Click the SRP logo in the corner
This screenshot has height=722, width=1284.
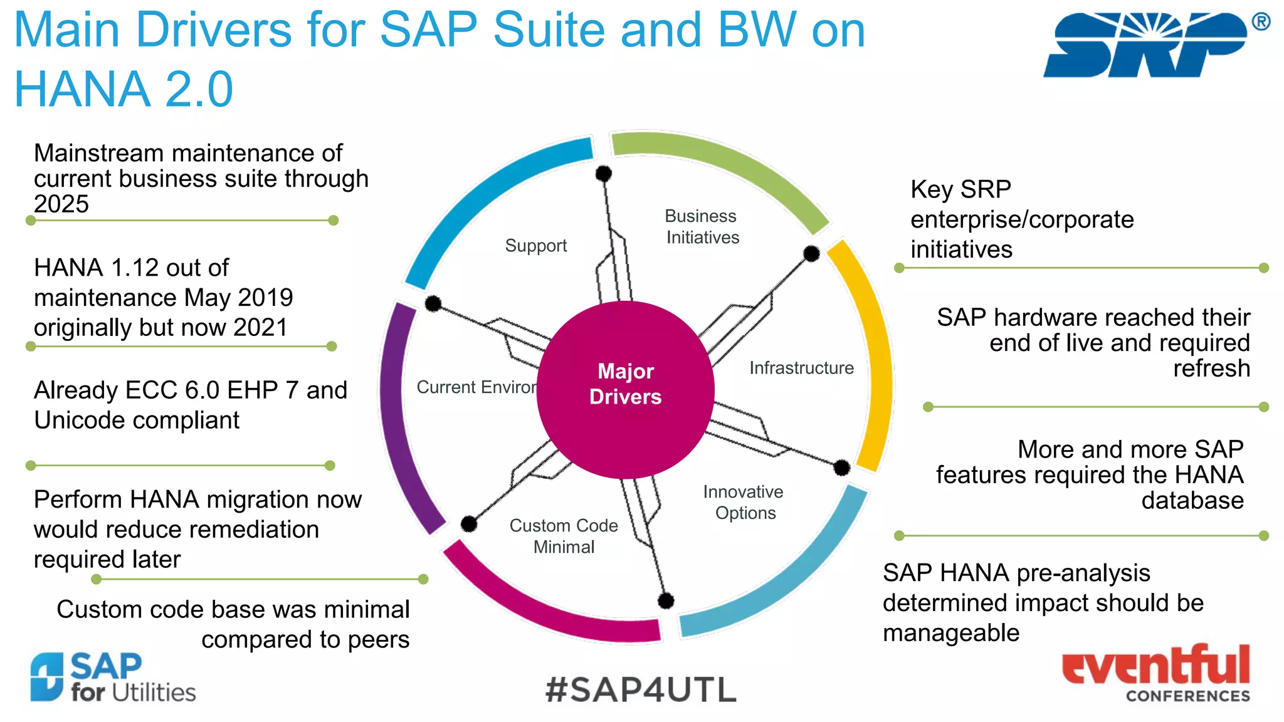(1147, 44)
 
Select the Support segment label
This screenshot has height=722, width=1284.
(535, 246)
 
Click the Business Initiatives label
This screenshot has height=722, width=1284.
(702, 227)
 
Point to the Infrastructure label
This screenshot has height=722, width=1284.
(801, 368)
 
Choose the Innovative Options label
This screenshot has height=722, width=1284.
(744, 502)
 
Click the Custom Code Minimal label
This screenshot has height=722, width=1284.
(564, 536)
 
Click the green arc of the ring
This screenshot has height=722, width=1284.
(721, 163)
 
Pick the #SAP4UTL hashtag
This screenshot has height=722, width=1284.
(641, 690)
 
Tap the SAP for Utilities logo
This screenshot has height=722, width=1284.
(113, 677)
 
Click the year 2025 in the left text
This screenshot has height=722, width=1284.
(61, 204)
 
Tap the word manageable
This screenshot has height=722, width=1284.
(950, 633)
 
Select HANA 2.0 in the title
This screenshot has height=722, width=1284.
(124, 89)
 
